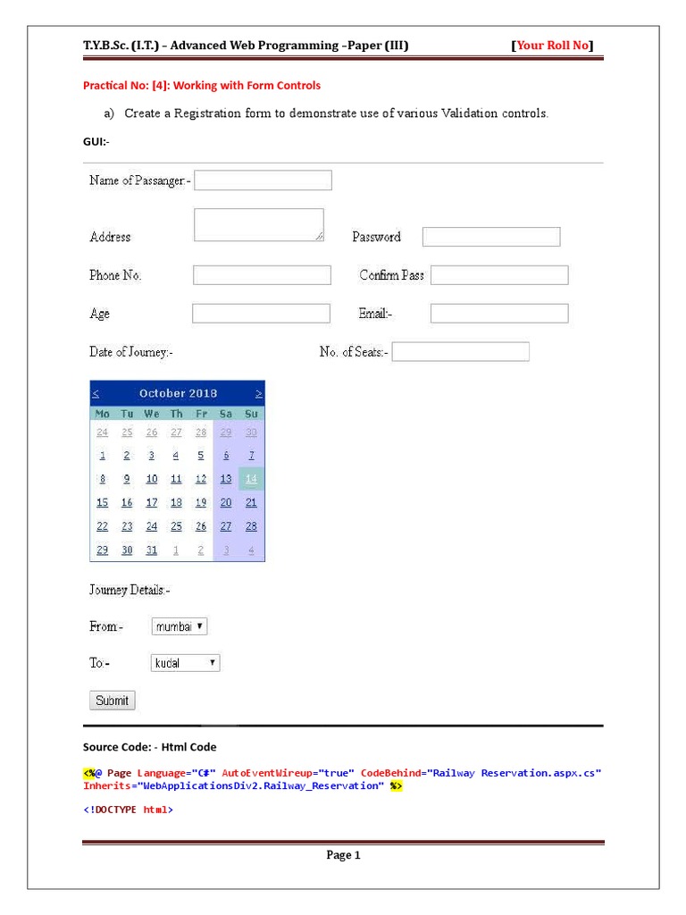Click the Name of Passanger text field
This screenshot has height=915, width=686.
[263, 180]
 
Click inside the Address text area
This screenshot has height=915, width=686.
[258, 225]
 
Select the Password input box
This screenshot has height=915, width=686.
[490, 237]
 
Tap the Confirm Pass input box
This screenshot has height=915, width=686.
[499, 275]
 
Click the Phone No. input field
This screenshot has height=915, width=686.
[262, 275]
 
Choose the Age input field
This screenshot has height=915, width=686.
[261, 314]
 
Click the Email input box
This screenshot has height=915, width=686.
[499, 314]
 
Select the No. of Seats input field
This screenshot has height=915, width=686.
[460, 352]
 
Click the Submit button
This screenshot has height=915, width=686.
[113, 701]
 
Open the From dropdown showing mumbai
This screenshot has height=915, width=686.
[180, 627]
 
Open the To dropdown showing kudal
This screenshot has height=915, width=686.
[186, 663]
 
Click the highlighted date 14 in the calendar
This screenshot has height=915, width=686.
[251, 479]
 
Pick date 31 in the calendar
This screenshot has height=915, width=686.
[152, 550]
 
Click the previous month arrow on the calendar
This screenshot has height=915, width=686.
[96, 393]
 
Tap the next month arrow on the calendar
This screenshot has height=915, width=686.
[258, 393]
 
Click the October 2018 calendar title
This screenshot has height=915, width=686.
[178, 393]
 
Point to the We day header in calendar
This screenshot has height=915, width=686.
[152, 414]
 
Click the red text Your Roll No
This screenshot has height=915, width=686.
[553, 46]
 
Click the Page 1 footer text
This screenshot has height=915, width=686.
[343, 855]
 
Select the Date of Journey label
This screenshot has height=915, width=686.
[130, 352]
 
